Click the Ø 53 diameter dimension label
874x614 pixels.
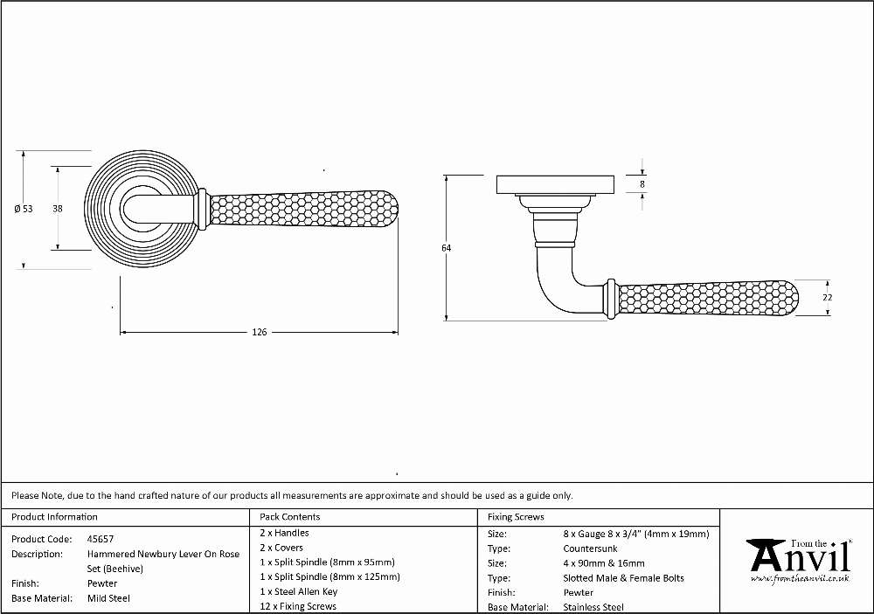tap(24, 209)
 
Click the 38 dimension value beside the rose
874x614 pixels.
tap(58, 209)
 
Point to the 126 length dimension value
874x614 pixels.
tap(260, 333)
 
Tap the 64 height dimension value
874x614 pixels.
tap(446, 248)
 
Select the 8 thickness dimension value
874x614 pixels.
tap(642, 184)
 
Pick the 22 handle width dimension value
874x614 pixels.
tap(827, 298)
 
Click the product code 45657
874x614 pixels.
tap(101, 540)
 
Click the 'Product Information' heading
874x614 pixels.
tap(54, 517)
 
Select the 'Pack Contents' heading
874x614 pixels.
tap(290, 517)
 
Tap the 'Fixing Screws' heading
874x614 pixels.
tap(516, 517)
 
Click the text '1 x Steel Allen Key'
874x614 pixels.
tap(298, 591)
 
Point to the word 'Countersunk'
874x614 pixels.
tap(590, 548)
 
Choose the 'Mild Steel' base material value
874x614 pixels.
tap(108, 598)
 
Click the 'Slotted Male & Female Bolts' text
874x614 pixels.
tap(623, 578)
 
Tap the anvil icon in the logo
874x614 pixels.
tap(766, 555)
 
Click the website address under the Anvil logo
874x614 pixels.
tap(800, 579)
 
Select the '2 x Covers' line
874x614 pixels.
tap(281, 548)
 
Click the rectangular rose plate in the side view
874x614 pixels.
tap(556, 185)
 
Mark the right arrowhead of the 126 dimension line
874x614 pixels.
tap(395, 333)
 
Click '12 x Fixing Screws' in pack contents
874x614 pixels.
tap(298, 606)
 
